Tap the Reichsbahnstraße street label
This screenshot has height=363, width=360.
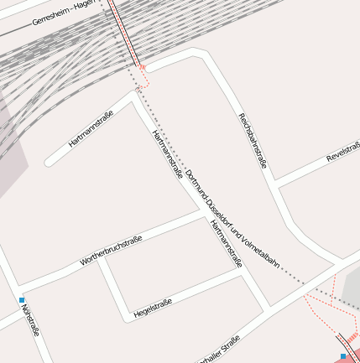[x=252, y=140]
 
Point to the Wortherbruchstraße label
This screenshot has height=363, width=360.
[x=111, y=251]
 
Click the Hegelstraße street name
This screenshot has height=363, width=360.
[x=153, y=303]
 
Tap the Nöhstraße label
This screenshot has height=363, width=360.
[x=31, y=319]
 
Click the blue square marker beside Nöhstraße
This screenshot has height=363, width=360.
[x=22, y=299]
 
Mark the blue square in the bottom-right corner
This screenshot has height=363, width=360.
[x=343, y=356]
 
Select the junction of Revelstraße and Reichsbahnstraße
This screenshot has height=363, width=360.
[x=274, y=184]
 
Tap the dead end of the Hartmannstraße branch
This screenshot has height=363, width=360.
[x=49, y=159]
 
